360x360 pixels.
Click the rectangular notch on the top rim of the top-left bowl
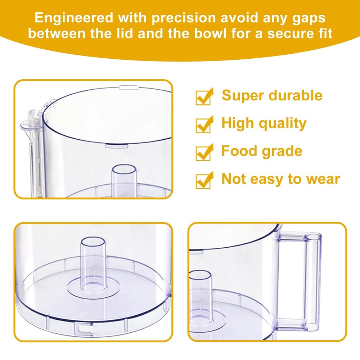coord(130,87)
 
